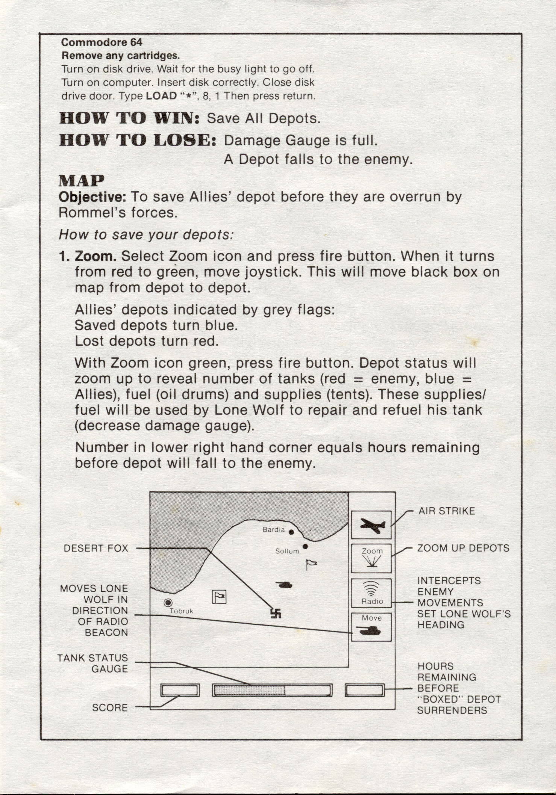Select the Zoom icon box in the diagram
(371, 558)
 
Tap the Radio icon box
(371, 593)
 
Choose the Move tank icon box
(371, 627)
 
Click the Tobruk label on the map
(181, 611)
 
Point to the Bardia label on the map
(273, 530)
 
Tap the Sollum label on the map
(287, 551)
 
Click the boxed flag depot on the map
(219, 597)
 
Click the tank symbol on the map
(285, 584)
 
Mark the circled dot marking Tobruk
(168, 603)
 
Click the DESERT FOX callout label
(96, 548)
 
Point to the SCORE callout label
(110, 708)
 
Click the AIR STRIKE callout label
(447, 511)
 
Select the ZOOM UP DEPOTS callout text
(463, 548)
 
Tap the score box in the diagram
(180, 690)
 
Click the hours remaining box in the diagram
(365, 690)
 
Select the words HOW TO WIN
(129, 118)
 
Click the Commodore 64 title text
(102, 42)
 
